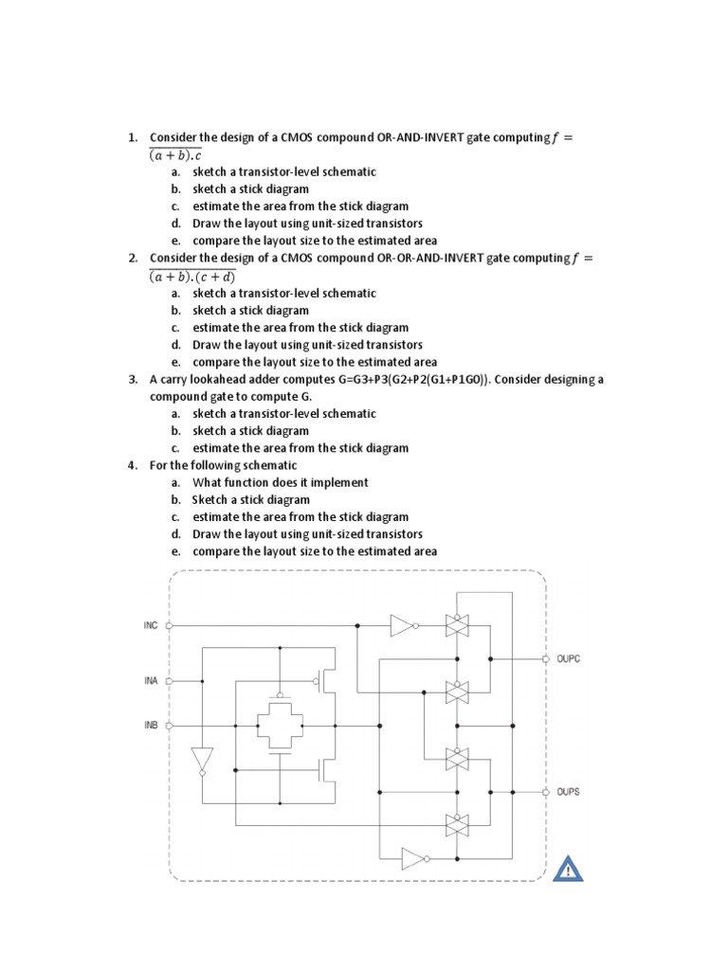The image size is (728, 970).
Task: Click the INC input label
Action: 151,626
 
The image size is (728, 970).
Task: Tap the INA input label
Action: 151,680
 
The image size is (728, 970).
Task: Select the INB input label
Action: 151,727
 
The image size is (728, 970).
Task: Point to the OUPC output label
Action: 569,658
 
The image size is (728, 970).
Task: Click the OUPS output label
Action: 569,791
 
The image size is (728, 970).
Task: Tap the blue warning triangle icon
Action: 568,867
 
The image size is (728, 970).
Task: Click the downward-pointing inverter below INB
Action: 202,760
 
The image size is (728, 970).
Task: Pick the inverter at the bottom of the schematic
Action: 414,858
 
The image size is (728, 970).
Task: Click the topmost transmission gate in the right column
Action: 457,625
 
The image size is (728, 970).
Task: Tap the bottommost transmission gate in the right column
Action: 457,825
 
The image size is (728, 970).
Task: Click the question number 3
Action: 134,379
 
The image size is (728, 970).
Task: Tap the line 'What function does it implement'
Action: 280,482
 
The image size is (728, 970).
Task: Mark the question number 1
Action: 134,137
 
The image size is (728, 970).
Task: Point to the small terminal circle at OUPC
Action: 545,658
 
